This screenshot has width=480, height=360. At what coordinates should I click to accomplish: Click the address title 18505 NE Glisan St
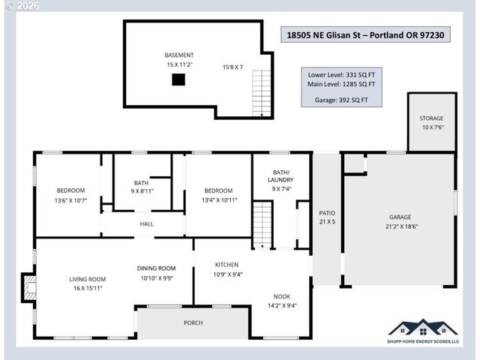click(367, 34)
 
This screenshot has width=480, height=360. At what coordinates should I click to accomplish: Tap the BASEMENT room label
click(179, 55)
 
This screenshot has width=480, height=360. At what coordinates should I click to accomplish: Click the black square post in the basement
click(178, 79)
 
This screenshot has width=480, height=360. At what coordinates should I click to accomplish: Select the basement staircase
click(261, 93)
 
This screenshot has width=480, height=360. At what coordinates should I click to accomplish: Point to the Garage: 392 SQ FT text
click(341, 99)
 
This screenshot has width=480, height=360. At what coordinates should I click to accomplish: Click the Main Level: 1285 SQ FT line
click(341, 85)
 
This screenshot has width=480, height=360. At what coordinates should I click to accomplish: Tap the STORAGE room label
click(431, 118)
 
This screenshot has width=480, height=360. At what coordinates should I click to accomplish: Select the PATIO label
click(326, 213)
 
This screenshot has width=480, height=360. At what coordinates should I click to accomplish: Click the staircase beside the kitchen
click(262, 224)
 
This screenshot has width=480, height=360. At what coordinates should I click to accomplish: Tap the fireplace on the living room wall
click(28, 288)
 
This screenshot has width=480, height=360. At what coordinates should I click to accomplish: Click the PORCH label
click(193, 322)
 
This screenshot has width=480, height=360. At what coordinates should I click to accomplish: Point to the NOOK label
click(282, 295)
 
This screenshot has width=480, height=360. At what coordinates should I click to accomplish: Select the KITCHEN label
click(227, 265)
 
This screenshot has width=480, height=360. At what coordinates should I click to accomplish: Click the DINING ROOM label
click(156, 268)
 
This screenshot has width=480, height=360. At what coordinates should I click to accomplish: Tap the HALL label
click(146, 224)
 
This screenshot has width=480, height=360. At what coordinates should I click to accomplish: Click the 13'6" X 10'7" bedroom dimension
click(70, 200)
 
